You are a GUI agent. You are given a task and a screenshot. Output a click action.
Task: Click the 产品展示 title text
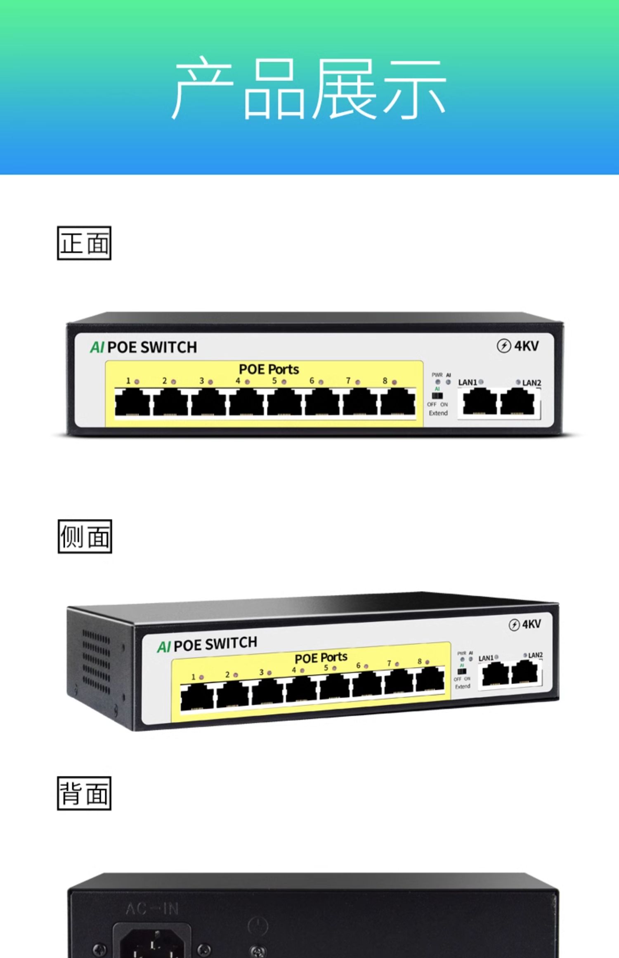(309, 88)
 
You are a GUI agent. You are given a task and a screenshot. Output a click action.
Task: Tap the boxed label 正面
(84, 243)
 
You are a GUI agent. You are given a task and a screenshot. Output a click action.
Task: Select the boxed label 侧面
(85, 536)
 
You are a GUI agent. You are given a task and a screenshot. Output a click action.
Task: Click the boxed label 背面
(84, 793)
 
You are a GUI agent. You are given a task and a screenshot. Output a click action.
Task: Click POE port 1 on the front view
(132, 402)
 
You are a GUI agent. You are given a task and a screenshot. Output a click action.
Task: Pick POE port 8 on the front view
(398, 402)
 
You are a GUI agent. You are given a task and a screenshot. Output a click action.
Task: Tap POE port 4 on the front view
(246, 402)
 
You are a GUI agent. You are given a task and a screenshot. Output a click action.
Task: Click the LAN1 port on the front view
(480, 402)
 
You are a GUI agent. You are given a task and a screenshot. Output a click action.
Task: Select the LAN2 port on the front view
(517, 402)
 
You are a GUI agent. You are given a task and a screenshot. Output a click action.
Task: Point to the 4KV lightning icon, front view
(503, 346)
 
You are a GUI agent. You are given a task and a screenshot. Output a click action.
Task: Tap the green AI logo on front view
(97, 347)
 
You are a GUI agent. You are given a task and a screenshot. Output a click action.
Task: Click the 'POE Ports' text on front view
(269, 369)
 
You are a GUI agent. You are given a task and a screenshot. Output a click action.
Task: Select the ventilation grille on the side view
(96, 662)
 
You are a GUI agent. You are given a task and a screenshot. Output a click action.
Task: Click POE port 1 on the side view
(197, 697)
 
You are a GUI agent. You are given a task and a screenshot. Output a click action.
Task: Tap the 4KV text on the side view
(531, 624)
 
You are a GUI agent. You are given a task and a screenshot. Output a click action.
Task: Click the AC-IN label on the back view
(152, 908)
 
